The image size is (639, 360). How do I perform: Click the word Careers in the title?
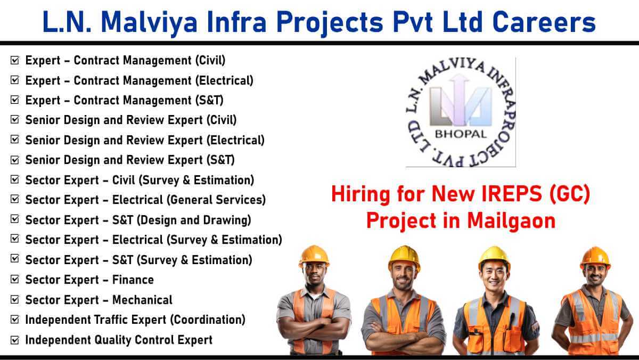544,22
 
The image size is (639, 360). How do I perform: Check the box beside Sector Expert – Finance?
14,279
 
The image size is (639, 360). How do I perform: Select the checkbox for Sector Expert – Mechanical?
14,299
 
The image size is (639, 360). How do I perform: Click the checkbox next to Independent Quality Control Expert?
14,340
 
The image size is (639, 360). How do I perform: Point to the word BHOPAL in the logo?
461,134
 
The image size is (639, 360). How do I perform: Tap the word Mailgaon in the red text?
511,221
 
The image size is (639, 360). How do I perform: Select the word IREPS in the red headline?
512,194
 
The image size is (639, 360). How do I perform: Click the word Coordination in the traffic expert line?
208,320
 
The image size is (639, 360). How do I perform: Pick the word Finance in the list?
133,280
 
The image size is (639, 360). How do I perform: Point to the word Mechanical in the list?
142,300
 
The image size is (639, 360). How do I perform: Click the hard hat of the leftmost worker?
314,256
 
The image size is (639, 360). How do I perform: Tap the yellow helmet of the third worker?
494,257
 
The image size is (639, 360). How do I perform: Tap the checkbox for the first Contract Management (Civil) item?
14,60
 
